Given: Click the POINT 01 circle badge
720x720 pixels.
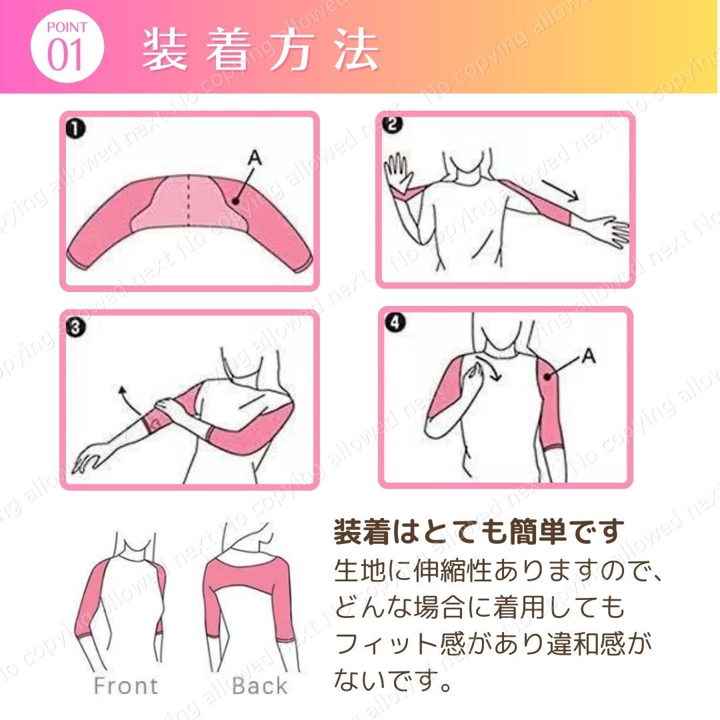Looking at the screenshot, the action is coord(67,47).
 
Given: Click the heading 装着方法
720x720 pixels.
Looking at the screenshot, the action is coord(261,49).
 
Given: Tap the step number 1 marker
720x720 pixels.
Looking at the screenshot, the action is coord(76,129).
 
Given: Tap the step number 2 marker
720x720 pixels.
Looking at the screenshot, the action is coord(393,125).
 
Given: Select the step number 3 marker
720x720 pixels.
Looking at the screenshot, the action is coord(76,327).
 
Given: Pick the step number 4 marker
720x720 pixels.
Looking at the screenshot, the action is coord(395,323).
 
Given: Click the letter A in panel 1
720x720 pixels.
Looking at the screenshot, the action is coord(255,158).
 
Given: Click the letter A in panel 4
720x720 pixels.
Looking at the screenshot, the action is coord(589,355).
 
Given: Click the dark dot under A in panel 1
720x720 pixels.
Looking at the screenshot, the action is coord(235,200).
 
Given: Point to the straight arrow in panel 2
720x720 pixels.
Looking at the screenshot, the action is coord(559,190).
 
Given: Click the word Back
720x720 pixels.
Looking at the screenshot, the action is coord(260,686).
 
